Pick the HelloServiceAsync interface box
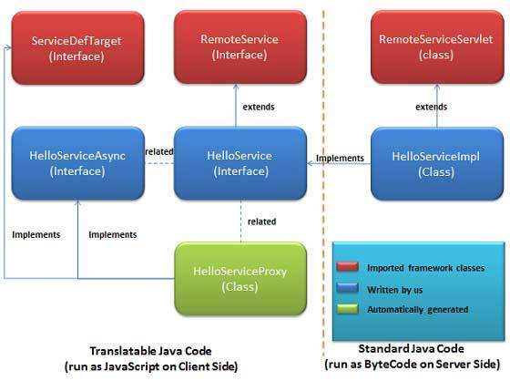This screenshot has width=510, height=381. click(77, 163)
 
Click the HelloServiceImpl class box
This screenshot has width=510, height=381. click(435, 163)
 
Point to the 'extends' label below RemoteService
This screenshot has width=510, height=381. click(258, 106)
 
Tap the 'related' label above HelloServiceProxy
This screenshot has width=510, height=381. click(261, 221)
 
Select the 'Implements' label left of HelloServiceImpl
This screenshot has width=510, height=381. click(339, 158)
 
